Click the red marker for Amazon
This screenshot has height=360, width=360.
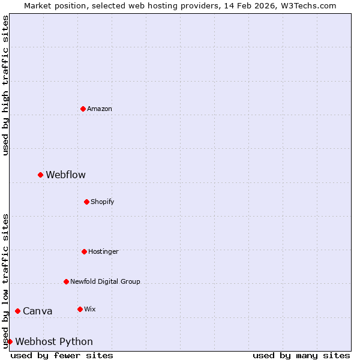83,109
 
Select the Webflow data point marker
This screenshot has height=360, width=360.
40,175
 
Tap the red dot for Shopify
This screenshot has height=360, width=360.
86,202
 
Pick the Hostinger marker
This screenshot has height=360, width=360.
84,251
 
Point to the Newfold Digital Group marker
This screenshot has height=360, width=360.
66,281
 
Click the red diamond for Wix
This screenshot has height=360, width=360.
80,309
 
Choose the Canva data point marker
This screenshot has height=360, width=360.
17,311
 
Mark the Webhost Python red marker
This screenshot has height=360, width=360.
10,341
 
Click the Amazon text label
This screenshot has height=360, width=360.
100,109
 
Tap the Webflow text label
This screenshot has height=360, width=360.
65,175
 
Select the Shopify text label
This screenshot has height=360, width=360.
103,202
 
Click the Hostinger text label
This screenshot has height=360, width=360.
103,251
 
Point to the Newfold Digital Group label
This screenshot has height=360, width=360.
105,281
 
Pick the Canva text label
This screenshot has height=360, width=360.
37,311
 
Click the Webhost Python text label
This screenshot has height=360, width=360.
54,341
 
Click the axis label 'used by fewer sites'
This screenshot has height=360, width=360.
62,355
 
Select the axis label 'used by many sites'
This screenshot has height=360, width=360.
301,355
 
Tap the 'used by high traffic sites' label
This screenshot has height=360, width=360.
5,85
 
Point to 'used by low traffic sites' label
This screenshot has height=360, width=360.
5,281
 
